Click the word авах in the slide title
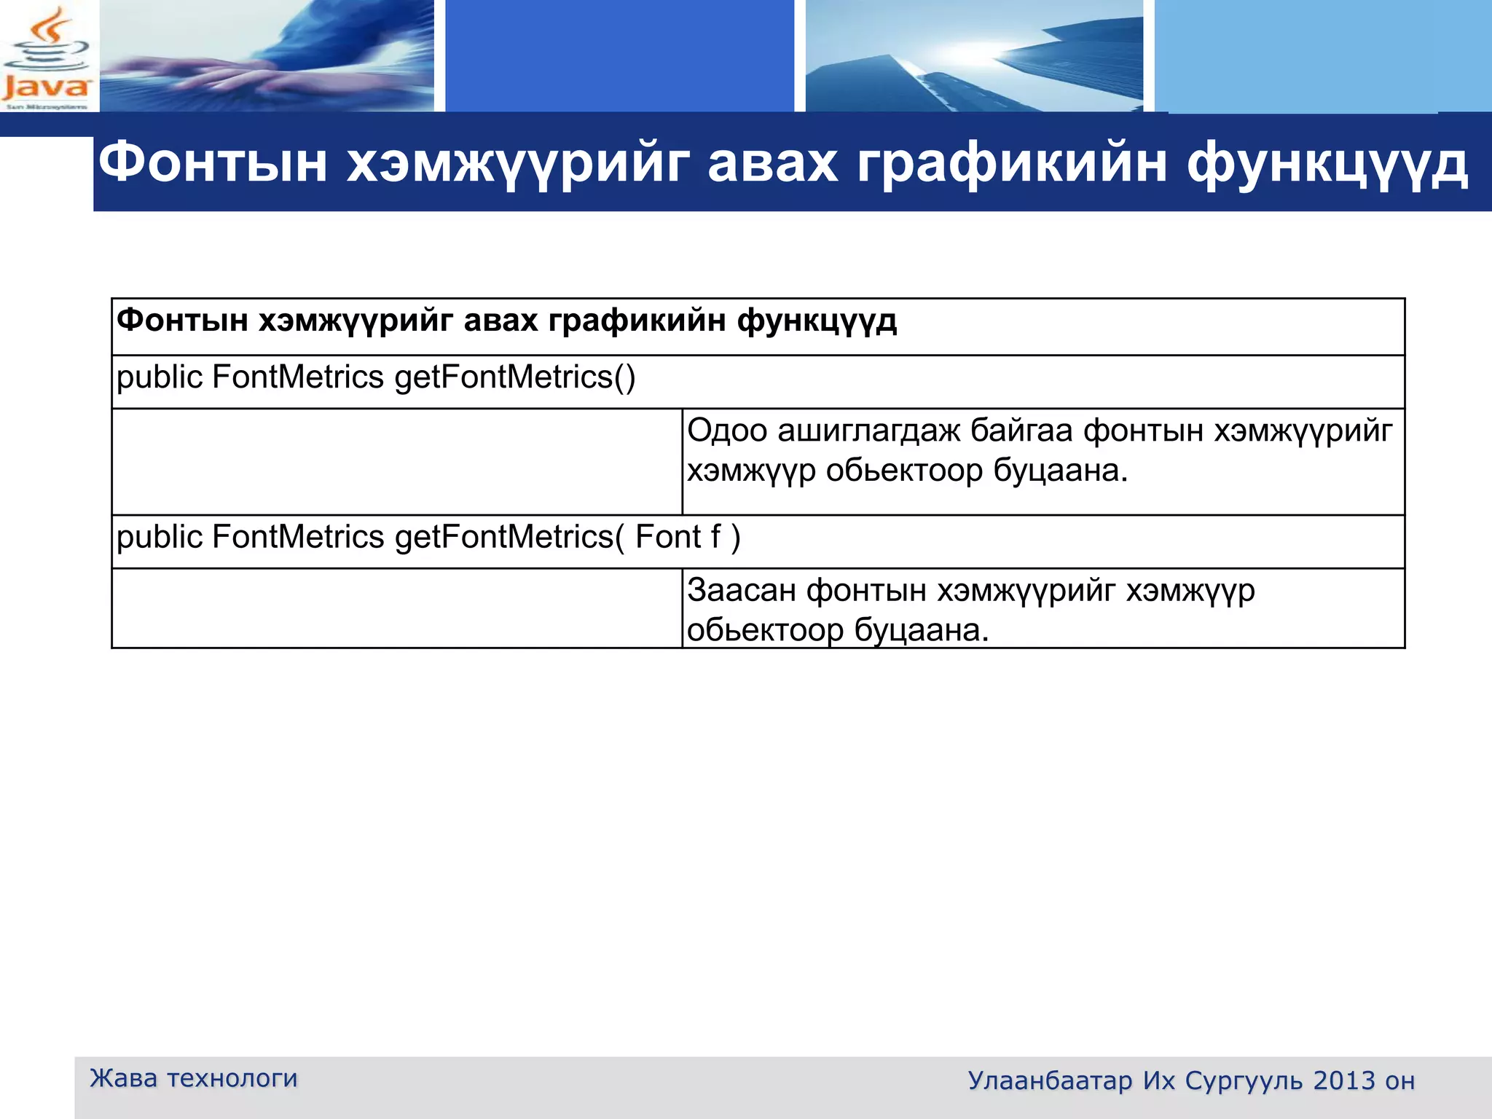(x=772, y=163)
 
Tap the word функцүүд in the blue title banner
(x=1327, y=163)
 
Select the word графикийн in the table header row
(x=637, y=321)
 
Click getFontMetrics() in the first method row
(x=514, y=377)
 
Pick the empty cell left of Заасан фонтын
(x=397, y=608)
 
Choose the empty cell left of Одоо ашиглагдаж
(x=397, y=461)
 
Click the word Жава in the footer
(x=123, y=1077)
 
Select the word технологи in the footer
(x=232, y=1077)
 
